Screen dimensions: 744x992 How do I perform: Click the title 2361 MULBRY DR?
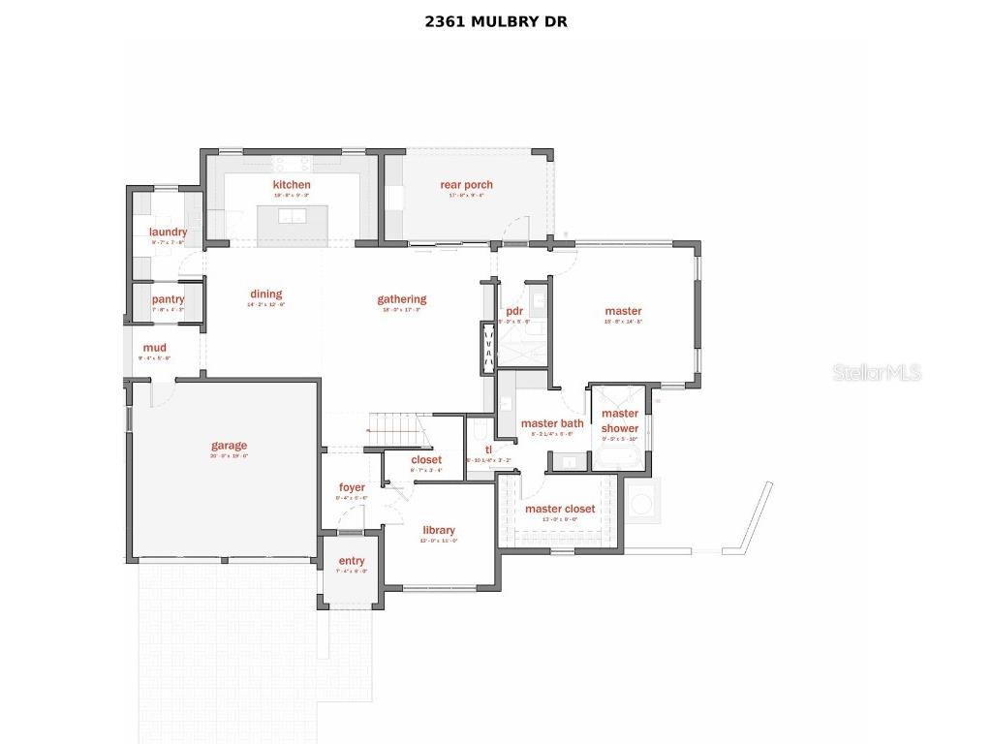pos(495,21)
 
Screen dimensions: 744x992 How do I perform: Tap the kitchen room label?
pos(292,185)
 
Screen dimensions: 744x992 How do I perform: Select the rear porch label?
pos(466,185)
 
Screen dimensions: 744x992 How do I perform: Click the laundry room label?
pos(168,232)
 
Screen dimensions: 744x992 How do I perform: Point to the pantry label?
pos(168,300)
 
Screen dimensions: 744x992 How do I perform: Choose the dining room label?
pos(265,294)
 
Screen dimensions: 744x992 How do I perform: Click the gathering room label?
pos(402,300)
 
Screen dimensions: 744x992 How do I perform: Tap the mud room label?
pos(154,348)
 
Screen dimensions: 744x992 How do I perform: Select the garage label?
pos(230,447)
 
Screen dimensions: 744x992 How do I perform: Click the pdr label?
pos(514,311)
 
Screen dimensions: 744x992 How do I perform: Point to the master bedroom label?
pos(623,311)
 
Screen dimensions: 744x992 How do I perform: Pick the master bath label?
pos(552,423)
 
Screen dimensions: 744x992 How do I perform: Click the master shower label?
pos(620,421)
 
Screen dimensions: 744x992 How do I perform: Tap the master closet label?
pos(560,509)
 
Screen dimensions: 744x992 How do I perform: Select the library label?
pos(439,530)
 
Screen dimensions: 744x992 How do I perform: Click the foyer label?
pos(352,487)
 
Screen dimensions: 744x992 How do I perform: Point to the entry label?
pos(352,562)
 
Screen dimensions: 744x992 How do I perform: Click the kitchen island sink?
pos(292,215)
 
